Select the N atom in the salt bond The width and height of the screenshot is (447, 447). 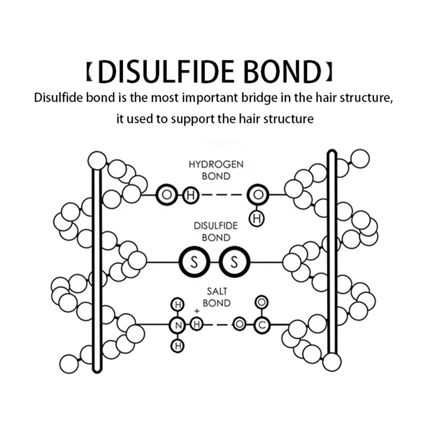[x=177, y=325]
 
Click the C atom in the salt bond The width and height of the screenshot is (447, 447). [x=261, y=325]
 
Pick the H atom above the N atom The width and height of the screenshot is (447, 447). [x=177, y=305]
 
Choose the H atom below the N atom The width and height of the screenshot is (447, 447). [x=177, y=345]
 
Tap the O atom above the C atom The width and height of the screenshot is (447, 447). [x=261, y=301]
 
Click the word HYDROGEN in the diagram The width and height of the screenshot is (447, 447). [x=216, y=164]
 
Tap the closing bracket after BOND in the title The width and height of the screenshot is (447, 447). [x=329, y=72]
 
